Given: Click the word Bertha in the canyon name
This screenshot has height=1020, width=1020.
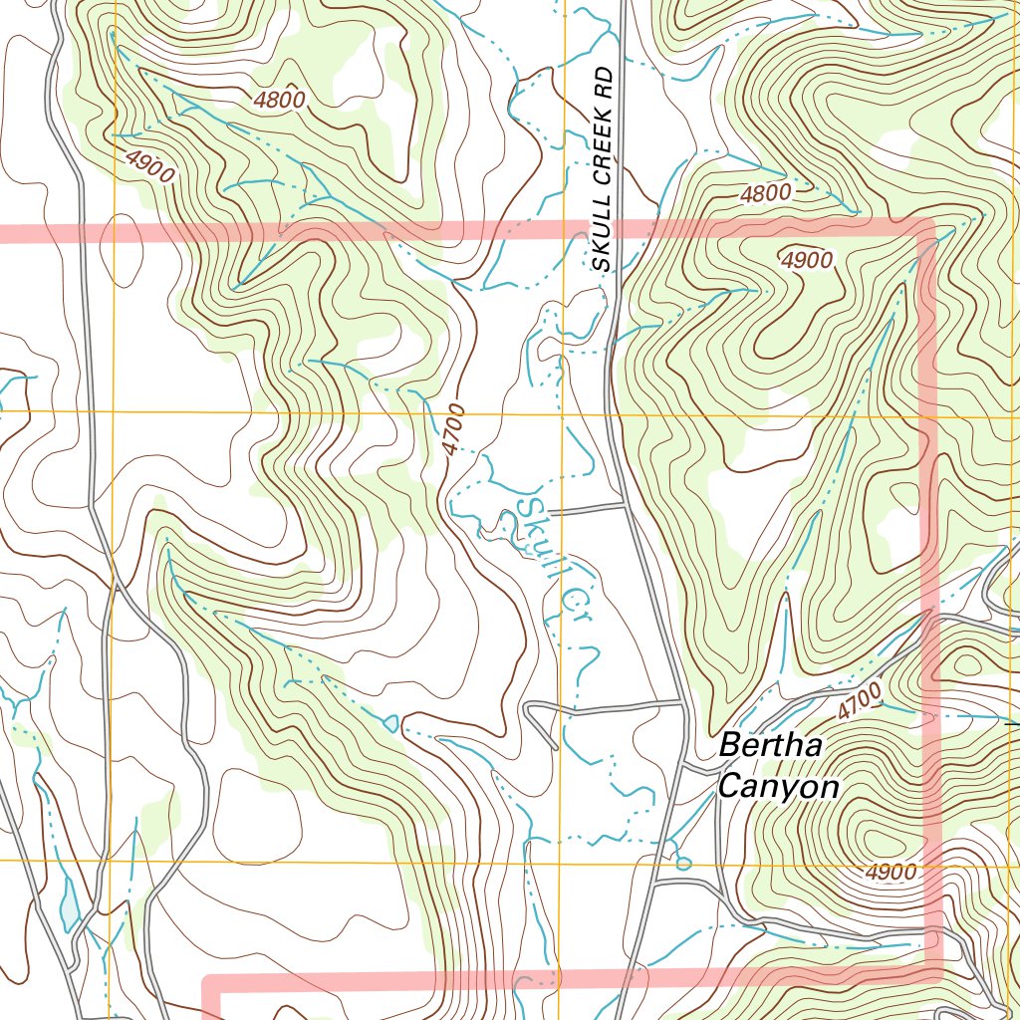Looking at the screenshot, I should tap(770, 745).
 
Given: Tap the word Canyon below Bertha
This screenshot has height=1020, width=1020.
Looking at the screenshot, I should tap(778, 787).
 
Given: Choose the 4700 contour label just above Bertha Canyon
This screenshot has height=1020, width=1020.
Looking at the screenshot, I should tap(859, 702).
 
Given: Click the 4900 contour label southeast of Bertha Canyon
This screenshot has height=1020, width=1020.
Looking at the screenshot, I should tap(890, 873).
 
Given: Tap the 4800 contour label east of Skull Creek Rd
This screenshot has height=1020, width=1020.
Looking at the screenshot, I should tap(765, 193).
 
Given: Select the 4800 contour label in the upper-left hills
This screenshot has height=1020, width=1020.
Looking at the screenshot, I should tap(279, 100).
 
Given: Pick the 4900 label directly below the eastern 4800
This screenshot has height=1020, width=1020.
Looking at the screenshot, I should tap(806, 260).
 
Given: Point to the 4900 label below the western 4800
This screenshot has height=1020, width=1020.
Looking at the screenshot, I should tap(150, 165).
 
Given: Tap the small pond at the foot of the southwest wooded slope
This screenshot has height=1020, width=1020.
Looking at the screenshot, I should tap(389, 721).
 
